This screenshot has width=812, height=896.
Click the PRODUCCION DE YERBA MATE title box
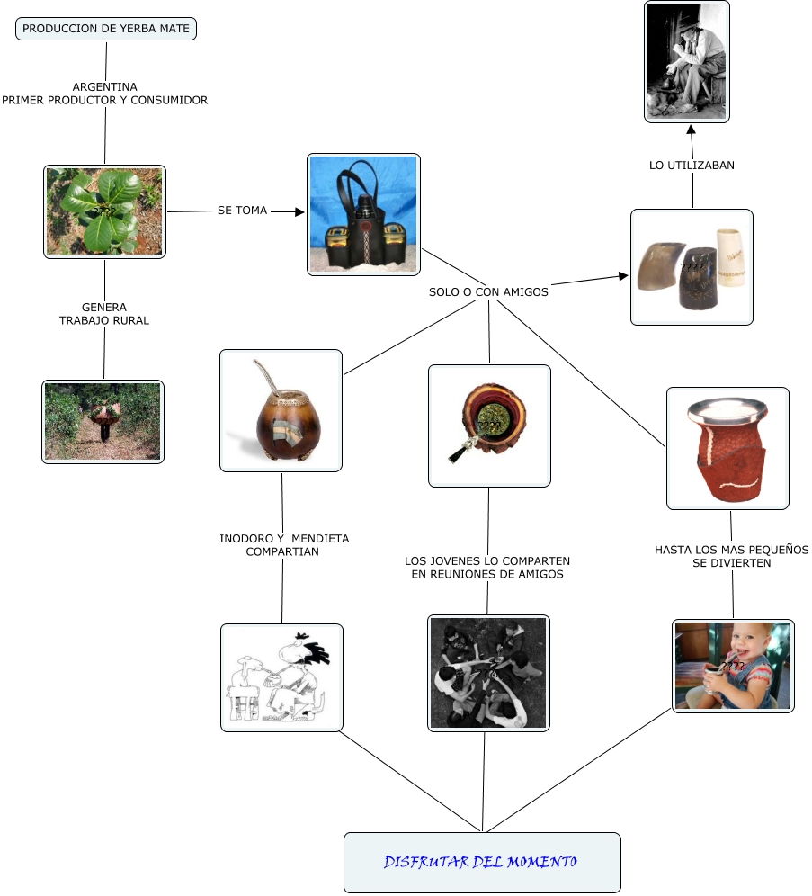106,29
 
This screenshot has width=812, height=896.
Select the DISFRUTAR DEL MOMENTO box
482,862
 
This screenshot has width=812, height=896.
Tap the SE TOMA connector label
243,211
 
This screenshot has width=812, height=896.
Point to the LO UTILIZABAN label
692,166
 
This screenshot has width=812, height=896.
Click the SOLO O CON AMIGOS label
488,291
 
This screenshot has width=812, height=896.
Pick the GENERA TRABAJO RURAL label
104,314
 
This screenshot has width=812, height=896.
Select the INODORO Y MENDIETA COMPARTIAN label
284,545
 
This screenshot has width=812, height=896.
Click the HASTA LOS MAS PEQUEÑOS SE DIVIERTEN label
731,556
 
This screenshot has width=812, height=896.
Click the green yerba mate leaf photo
104,211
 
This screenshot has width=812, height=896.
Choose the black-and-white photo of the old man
687,62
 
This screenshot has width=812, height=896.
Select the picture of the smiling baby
733,666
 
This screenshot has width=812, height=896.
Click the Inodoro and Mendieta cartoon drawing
281,677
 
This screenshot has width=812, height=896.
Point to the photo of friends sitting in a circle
488,673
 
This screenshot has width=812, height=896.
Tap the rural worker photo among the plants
103,421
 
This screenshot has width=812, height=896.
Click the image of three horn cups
692,267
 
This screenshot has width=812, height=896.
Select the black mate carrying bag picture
363,214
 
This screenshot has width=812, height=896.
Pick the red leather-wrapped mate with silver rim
727,447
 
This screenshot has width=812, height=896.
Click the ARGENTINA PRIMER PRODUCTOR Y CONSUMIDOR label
105,94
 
